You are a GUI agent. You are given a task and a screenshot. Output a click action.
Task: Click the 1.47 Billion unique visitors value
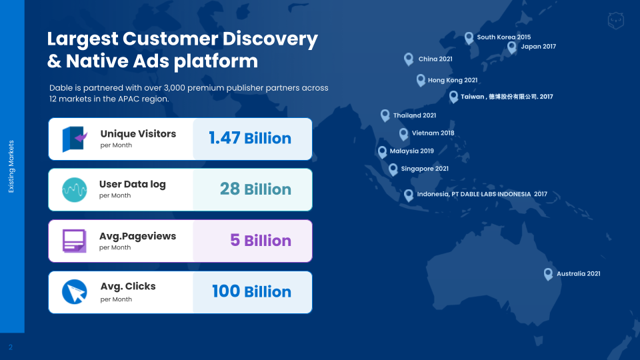tap(250, 138)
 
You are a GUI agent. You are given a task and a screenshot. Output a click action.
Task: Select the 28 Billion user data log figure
tap(255, 189)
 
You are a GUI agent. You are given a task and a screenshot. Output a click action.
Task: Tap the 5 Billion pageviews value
tap(261, 241)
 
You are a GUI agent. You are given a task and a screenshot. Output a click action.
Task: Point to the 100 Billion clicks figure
tap(251, 291)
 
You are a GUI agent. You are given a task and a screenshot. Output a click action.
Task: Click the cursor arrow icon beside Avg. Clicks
tap(74, 292)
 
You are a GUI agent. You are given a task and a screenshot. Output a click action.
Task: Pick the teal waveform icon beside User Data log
tap(74, 190)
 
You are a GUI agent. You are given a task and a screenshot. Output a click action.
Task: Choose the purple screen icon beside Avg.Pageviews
tap(74, 241)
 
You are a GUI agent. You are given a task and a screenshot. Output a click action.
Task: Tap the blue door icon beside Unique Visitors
tap(75, 139)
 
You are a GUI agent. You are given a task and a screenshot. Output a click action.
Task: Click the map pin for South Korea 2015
tap(469, 39)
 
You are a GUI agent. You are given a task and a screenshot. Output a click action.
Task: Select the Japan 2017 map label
tap(539, 47)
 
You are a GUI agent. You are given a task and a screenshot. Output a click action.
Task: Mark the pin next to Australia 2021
tap(548, 274)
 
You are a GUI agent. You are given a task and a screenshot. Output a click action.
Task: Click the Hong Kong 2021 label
tap(453, 80)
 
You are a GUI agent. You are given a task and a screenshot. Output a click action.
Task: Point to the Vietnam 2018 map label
tap(433, 133)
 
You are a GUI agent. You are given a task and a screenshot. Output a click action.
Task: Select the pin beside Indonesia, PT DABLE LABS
tap(409, 195)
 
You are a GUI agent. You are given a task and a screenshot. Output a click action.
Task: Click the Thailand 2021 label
tap(415, 115)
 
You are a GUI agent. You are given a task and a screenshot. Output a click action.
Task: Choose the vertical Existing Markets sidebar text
tap(11, 167)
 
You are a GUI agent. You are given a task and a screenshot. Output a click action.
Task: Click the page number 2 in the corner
tap(11, 347)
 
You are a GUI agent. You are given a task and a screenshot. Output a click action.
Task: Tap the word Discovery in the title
tap(270, 39)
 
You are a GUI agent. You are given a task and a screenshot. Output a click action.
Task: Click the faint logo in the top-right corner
tap(615, 21)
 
